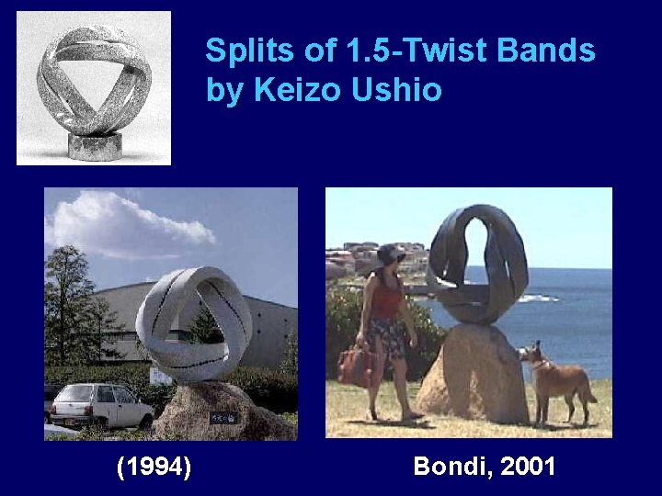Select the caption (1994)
coord(154,467)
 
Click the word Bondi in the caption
coord(449,467)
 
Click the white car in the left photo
coord(99,405)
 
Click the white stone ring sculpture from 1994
coord(193,321)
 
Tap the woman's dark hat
coord(387,253)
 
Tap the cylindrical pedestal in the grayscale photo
coord(95,145)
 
